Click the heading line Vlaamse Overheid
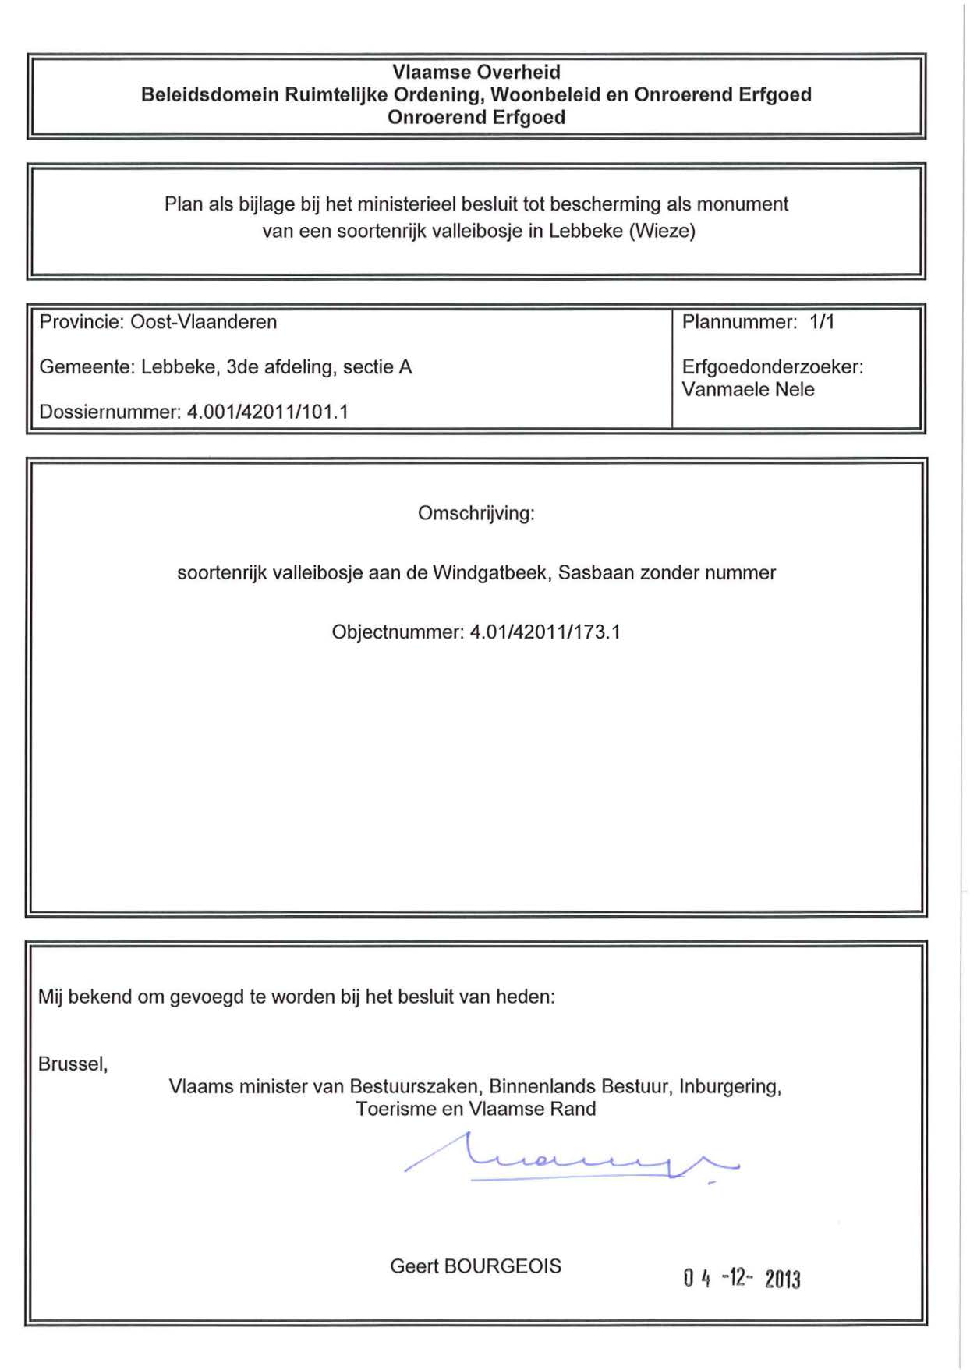(476, 72)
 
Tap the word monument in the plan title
(742, 204)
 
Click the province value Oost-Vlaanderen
(204, 322)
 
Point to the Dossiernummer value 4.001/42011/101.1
(267, 412)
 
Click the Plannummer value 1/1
(822, 322)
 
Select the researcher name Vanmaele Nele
(748, 389)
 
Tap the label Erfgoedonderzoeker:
(772, 366)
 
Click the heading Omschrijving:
(476, 513)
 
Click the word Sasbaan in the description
(596, 573)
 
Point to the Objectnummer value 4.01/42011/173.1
(545, 632)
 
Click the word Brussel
(72, 1064)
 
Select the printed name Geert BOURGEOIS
(475, 1266)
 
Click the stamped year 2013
(782, 1280)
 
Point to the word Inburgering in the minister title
(729, 1086)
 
